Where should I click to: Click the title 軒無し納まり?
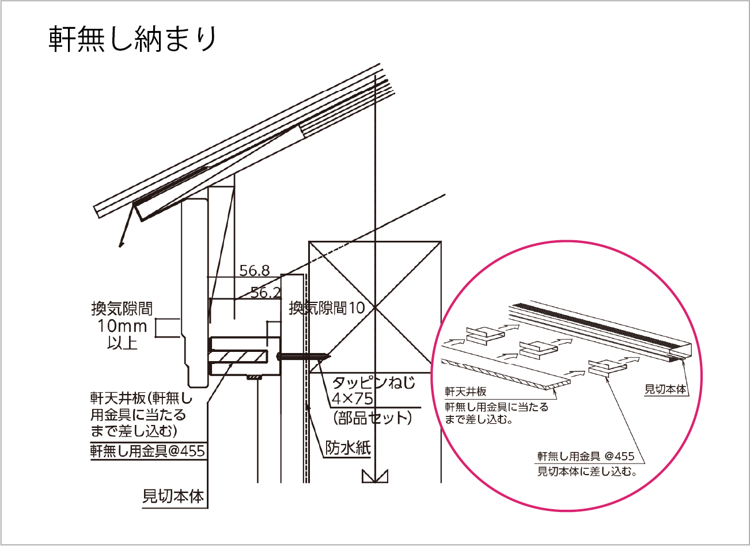(133, 39)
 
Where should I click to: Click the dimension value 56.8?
(255, 270)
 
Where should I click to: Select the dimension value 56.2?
(266, 293)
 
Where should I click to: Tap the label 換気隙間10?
(327, 308)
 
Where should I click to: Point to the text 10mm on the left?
(122, 326)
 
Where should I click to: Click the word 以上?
(122, 343)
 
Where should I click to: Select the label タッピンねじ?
(373, 382)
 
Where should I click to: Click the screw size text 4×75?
(352, 399)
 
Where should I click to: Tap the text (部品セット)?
(373, 417)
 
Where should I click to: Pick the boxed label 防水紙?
(348, 448)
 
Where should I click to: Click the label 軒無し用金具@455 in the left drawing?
(147, 450)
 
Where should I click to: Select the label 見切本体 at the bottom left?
(173, 496)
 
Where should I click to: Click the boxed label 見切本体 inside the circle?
(665, 389)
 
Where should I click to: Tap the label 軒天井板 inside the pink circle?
(465, 392)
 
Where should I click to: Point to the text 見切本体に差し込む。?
(587, 472)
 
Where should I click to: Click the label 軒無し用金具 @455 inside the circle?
(585, 456)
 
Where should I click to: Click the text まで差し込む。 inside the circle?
(479, 419)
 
